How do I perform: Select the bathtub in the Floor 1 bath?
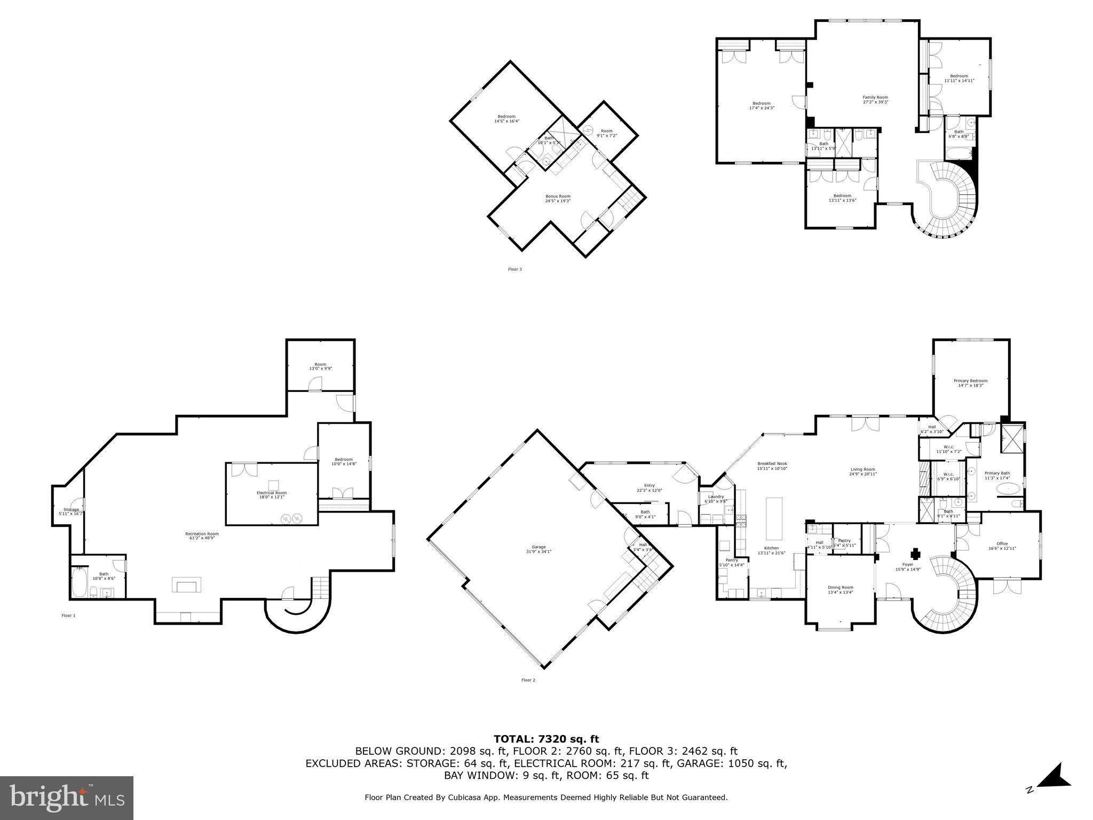point(80,584)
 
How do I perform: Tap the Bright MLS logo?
point(67,798)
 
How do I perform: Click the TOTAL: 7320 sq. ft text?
point(546,739)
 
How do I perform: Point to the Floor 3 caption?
point(514,269)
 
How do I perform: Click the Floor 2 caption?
point(528,680)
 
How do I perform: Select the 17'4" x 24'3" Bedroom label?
point(761,106)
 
